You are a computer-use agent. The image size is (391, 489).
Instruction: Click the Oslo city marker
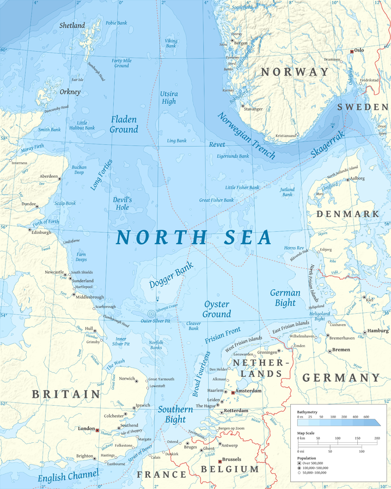(x=352, y=51)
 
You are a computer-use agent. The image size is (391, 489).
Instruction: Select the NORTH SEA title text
(x=193, y=238)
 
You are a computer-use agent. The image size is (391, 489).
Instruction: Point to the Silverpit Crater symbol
(x=151, y=313)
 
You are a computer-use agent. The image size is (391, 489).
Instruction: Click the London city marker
(x=97, y=430)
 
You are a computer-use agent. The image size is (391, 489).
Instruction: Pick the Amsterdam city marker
(x=233, y=392)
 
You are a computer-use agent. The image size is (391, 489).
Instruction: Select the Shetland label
(x=72, y=26)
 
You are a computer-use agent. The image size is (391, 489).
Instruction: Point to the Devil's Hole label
(x=123, y=203)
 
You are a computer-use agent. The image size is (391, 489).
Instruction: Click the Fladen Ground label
(x=124, y=124)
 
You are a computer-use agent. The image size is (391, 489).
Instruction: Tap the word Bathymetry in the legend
(x=308, y=412)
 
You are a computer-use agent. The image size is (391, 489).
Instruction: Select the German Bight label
(x=285, y=298)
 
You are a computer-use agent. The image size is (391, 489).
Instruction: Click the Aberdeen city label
(x=49, y=177)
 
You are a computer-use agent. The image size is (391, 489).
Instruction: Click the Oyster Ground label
(x=216, y=309)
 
